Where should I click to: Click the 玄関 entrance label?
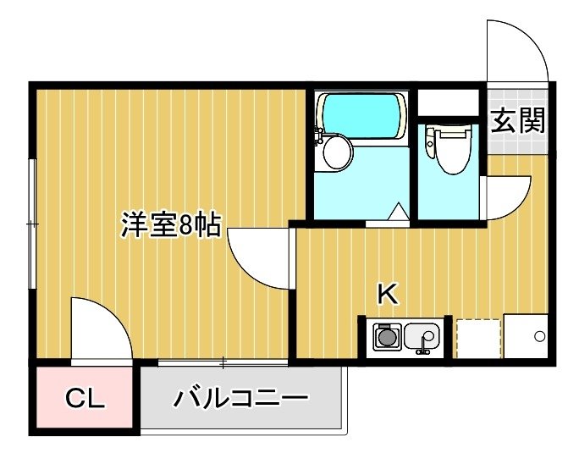518,120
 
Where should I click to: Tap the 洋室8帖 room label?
171,224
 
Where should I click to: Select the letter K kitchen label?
388,293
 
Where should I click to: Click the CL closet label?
85,398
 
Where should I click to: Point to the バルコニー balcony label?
240,398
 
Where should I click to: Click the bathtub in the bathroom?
363,116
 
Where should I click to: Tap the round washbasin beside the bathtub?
337,152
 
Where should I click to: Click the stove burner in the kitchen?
387,337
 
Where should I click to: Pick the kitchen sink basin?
422,337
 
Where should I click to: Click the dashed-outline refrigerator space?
479,339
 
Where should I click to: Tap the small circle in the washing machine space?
539,336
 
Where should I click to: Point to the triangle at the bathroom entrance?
398,211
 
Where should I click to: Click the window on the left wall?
32,224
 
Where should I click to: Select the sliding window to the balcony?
223,362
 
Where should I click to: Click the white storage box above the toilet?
448,102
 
